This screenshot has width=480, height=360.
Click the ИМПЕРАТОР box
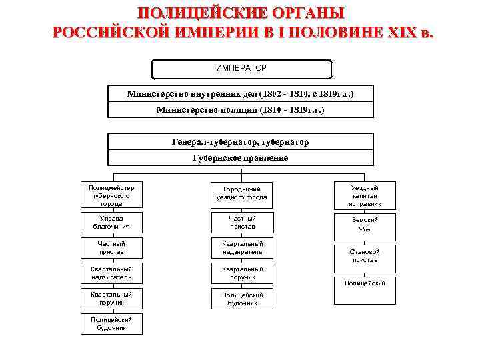point(241,69)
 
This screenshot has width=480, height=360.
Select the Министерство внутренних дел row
point(241,93)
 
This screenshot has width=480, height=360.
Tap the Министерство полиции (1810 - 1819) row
point(241,109)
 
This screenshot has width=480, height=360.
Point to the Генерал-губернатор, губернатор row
point(241,142)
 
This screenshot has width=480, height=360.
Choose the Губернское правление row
point(241,158)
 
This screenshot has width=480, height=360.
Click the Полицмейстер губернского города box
point(111,196)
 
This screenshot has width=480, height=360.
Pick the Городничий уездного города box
point(241,193)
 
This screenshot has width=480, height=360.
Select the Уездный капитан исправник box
point(365,196)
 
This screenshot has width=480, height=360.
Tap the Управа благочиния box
point(111,222)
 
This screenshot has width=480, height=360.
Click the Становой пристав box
point(365,256)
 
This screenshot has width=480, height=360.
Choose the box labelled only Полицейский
point(365,283)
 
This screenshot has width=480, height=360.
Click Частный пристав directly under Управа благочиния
point(111,248)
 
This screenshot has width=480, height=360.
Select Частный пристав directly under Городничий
point(241,222)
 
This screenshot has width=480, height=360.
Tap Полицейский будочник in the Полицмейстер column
point(111,323)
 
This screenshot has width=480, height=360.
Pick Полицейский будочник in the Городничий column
point(241,299)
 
